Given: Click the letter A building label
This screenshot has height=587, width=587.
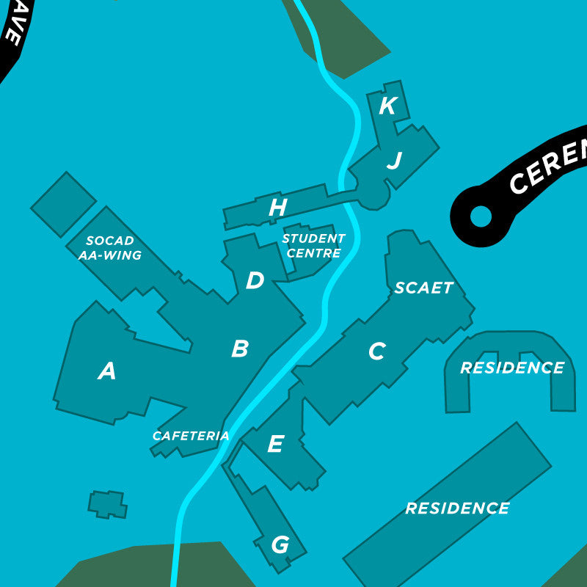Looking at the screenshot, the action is click(107, 372).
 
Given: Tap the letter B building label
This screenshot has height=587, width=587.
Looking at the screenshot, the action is click(239, 349).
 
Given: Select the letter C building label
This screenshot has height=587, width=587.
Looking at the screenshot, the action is click(376, 352).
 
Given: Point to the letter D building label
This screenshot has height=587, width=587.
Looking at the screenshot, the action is click(255, 280).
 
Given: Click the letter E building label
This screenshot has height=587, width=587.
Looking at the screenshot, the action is click(275, 444).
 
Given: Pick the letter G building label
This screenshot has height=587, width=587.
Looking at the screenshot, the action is click(280, 545).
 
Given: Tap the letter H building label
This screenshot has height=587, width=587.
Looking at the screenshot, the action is click(277, 208).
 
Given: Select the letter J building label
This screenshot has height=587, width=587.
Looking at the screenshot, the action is click(394, 161).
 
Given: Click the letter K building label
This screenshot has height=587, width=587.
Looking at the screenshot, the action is click(387, 106).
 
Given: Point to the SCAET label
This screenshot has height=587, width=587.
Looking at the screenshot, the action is click(424, 288).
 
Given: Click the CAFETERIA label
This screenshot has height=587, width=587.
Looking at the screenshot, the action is click(191, 436).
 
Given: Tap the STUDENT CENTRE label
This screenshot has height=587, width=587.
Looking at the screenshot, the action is click(313, 246).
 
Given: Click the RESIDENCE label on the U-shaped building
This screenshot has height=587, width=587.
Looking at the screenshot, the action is click(512, 368).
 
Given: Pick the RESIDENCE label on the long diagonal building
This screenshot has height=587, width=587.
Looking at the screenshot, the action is click(457, 508).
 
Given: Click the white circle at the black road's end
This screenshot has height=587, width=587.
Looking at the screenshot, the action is click(480, 216).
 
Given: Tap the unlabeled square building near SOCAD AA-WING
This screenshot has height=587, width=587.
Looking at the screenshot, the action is click(63, 204).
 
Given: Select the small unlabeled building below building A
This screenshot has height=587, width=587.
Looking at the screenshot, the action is click(107, 504).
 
